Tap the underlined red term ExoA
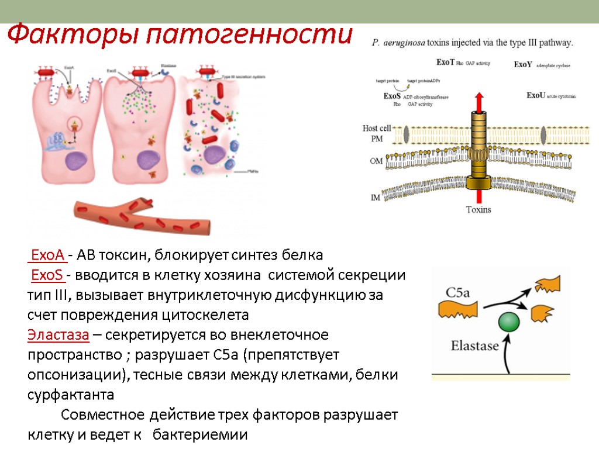coord(47,255)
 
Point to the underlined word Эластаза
coord(58,336)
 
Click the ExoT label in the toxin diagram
coord(446,62)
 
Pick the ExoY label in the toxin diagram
coord(523,65)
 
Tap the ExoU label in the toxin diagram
coord(536,95)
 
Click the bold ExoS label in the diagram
coord(392,96)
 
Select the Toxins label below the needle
coord(478,209)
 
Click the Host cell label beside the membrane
coord(377,129)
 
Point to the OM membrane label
coord(377,160)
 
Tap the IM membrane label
coord(376,198)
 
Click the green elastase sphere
coord(509,322)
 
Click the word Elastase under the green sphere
coord(474,346)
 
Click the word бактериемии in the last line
coord(204,435)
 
